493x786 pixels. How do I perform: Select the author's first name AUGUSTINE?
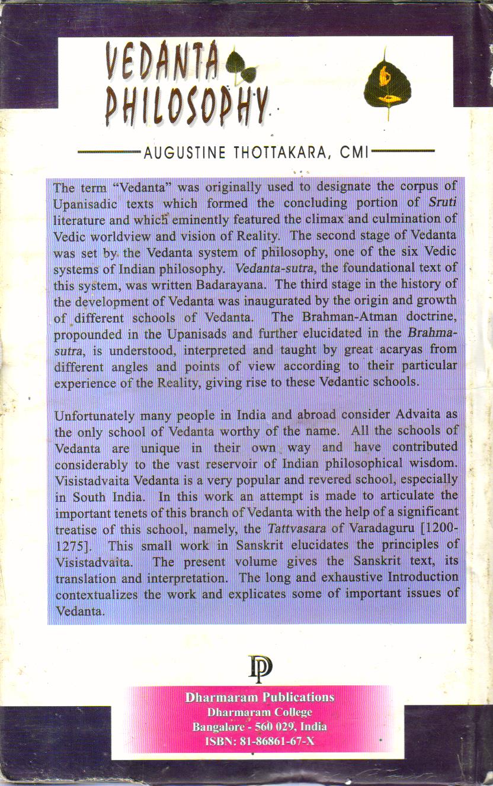(x=185, y=153)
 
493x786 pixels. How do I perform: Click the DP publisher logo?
(x=260, y=668)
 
